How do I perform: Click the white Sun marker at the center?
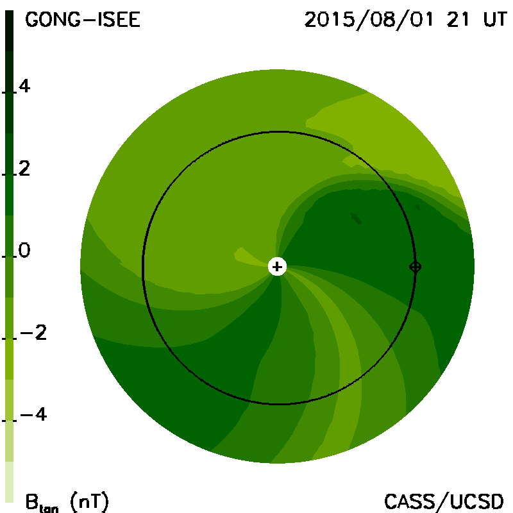tap(277, 267)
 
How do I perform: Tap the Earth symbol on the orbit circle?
tap(415, 267)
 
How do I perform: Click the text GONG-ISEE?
tap(83, 20)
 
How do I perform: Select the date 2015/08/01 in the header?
tap(369, 20)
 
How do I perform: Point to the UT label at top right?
tap(495, 20)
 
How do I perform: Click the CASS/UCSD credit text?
tap(444, 502)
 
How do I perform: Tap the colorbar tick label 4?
tap(24, 86)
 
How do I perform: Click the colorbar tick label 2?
tap(24, 169)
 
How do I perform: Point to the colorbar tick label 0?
tap(24, 250)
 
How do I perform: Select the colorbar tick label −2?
tap(33, 332)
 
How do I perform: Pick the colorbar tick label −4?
tap(33, 414)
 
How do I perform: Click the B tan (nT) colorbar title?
tap(67, 502)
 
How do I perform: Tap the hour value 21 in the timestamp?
tap(458, 20)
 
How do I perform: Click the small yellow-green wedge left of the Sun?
tap(245, 255)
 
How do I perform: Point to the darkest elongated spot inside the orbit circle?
tap(356, 218)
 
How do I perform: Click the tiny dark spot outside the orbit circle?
tap(417, 207)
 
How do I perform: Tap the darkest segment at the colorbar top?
tap(10, 31)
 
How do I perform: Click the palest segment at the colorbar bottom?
tap(10, 482)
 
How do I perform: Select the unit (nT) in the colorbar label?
tap(89, 502)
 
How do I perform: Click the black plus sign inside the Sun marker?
tap(277, 267)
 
